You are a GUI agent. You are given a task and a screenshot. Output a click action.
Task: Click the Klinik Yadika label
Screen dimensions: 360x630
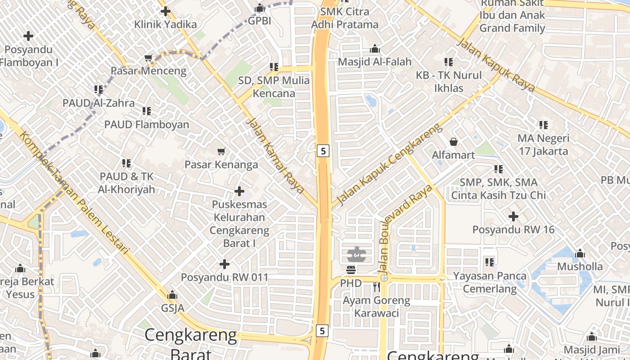point(166,24)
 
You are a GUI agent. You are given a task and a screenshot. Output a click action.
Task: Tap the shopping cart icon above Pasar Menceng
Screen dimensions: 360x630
point(148,58)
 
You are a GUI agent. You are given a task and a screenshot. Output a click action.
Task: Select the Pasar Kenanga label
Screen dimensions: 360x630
point(221,165)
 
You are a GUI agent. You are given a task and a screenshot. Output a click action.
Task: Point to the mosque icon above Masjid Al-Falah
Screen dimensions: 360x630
point(375,49)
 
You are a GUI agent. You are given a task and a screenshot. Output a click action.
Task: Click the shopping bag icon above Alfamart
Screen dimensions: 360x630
point(454,142)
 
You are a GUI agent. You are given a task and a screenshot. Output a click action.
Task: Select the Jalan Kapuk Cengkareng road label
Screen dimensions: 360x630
point(390,165)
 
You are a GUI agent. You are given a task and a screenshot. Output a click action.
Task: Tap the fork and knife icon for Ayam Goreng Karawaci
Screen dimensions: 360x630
point(377,287)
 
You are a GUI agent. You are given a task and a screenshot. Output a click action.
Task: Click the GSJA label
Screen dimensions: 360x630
point(173,308)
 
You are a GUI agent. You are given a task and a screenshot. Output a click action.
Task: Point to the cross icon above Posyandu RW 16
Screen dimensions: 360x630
point(513,217)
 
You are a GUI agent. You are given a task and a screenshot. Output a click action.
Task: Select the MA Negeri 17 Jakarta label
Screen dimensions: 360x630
point(544,144)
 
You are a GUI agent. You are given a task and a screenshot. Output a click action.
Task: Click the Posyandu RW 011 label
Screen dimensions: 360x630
point(225,277)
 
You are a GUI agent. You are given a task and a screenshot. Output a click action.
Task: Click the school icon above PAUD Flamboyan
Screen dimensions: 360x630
point(147,111)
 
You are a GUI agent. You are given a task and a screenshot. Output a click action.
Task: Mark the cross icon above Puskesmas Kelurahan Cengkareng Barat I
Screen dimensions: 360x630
point(239,191)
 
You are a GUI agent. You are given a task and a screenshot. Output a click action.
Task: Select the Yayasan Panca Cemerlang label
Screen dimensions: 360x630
point(490,282)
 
